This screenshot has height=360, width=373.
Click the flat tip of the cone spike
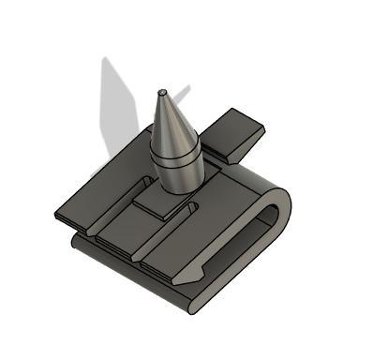click(162, 92)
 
